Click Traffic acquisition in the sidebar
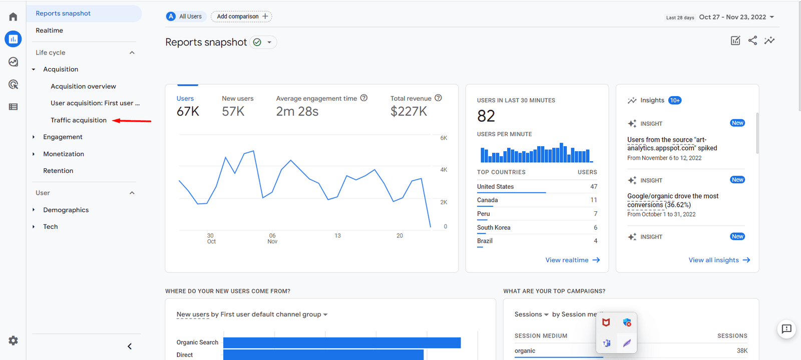(x=79, y=120)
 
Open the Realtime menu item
(x=49, y=31)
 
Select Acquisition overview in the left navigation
(x=83, y=86)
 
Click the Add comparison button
(x=242, y=17)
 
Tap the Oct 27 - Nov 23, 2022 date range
(x=733, y=17)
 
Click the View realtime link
(x=572, y=260)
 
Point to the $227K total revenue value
(x=409, y=111)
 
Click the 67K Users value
(x=188, y=111)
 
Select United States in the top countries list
(x=495, y=187)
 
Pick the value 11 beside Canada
(x=593, y=200)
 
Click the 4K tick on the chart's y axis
(x=444, y=170)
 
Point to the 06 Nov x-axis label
(x=272, y=238)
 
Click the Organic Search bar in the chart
(x=341, y=342)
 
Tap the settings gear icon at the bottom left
(x=13, y=340)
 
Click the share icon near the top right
(x=752, y=41)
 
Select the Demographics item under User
(x=66, y=210)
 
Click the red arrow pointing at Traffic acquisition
(x=132, y=121)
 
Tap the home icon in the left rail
(x=13, y=17)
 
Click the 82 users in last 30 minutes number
(x=486, y=116)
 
